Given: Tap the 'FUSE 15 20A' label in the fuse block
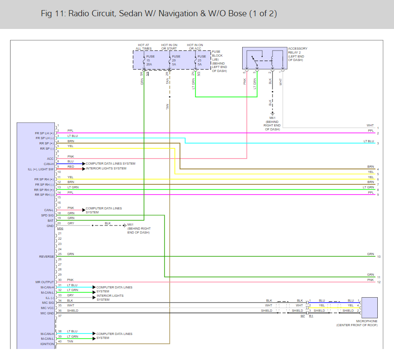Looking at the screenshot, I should point(150,60).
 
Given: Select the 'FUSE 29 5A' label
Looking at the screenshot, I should point(176,60).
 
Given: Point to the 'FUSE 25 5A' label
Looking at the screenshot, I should point(201,60).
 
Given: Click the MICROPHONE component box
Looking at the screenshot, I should point(367,307).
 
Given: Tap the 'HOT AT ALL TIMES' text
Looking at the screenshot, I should point(143,47).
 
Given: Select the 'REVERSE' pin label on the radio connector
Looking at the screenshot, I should point(47,256).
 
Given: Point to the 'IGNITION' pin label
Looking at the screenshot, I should point(47,344).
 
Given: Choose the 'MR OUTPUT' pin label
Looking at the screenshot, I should point(45,282).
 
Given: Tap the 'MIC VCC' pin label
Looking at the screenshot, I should point(47,308).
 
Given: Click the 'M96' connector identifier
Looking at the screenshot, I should point(61,229).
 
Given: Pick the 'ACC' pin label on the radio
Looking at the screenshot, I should point(50,158).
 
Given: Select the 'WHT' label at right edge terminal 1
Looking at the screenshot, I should point(370,126).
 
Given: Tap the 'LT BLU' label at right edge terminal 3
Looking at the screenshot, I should point(369,141).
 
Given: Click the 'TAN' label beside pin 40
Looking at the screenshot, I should point(70,342).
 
